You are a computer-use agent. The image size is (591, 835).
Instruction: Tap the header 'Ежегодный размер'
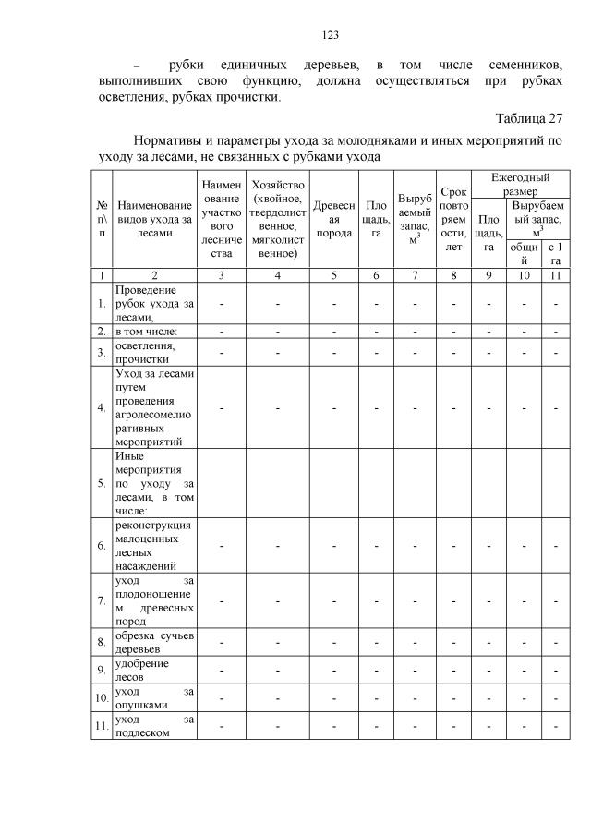[x=520, y=182]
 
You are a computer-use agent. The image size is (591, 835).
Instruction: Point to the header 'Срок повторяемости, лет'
[x=453, y=219]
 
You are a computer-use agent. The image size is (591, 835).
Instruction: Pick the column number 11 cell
[x=555, y=275]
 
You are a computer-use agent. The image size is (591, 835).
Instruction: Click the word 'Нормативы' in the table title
[x=174, y=140]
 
